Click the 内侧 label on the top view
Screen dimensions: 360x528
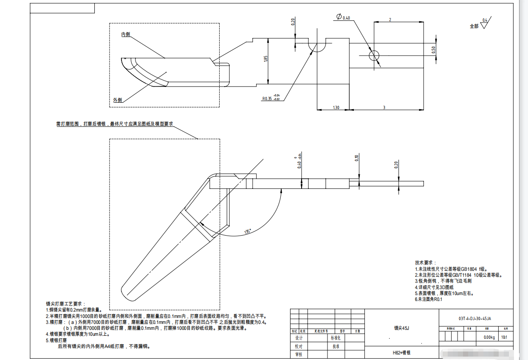(x=125, y=34)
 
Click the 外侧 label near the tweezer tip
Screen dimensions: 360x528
(x=117, y=100)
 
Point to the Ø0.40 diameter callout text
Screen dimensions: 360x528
(x=343, y=17)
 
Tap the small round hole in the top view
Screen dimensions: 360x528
(x=374, y=56)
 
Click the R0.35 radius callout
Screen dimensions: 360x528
(x=267, y=99)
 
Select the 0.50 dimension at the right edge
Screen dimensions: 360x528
(x=433, y=50)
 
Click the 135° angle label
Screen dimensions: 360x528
(x=248, y=231)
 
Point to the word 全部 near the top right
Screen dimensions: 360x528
(x=474, y=26)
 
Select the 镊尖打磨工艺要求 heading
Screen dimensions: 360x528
(x=65, y=304)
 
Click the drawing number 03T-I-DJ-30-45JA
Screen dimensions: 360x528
(x=475, y=318)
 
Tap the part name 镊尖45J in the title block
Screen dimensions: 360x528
(x=401, y=328)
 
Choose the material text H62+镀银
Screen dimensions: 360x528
(x=401, y=353)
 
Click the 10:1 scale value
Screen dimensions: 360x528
(x=505, y=337)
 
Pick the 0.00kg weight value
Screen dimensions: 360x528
(x=489, y=337)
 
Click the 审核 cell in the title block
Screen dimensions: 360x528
(x=299, y=354)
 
